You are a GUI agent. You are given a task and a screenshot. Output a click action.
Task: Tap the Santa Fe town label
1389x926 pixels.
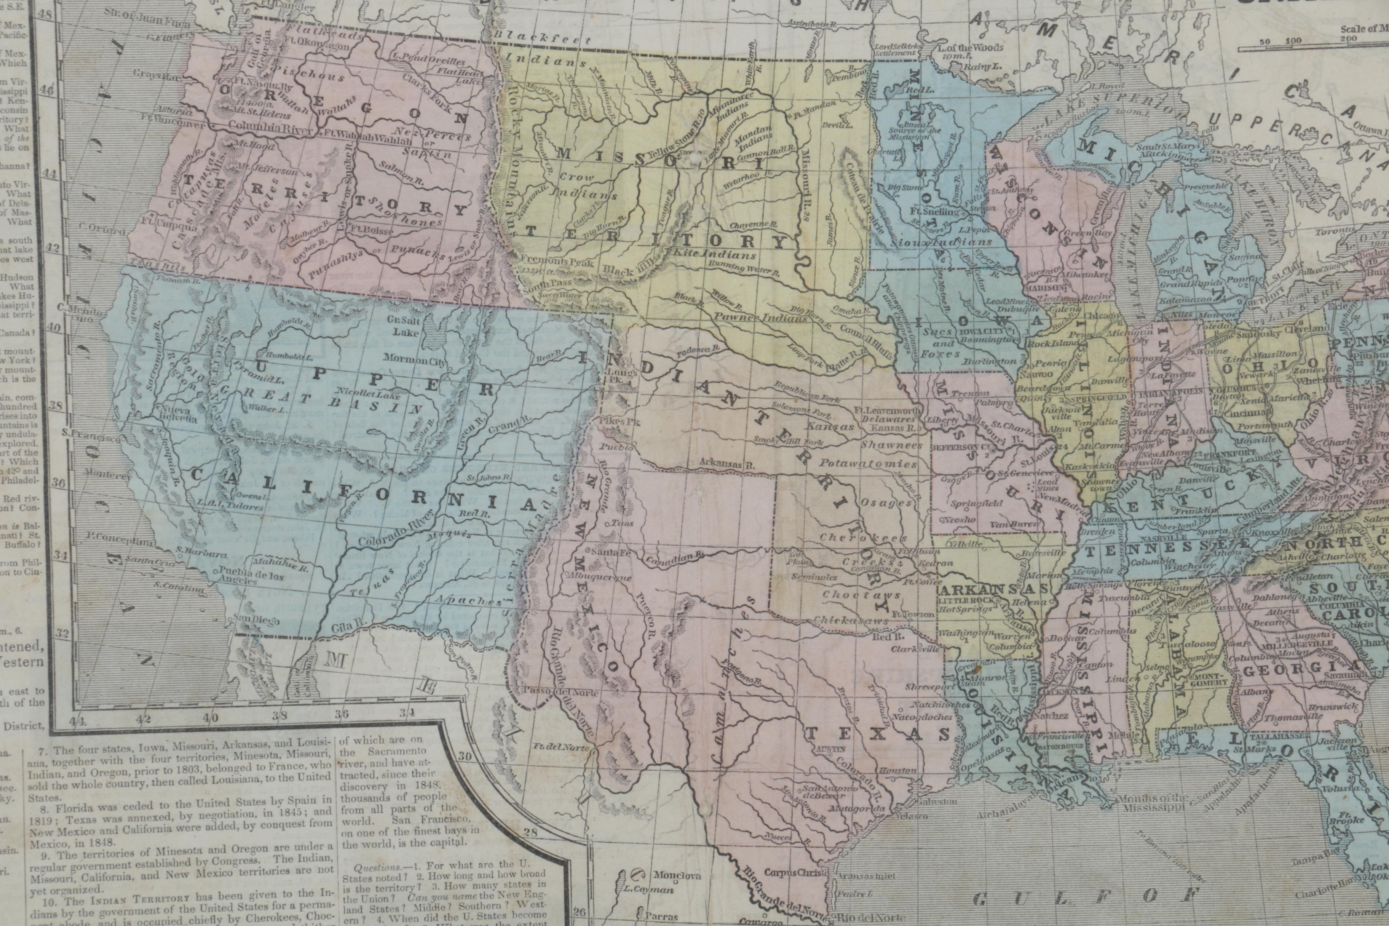point(602,552)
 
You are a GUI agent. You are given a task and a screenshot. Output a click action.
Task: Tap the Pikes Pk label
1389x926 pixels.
point(611,422)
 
